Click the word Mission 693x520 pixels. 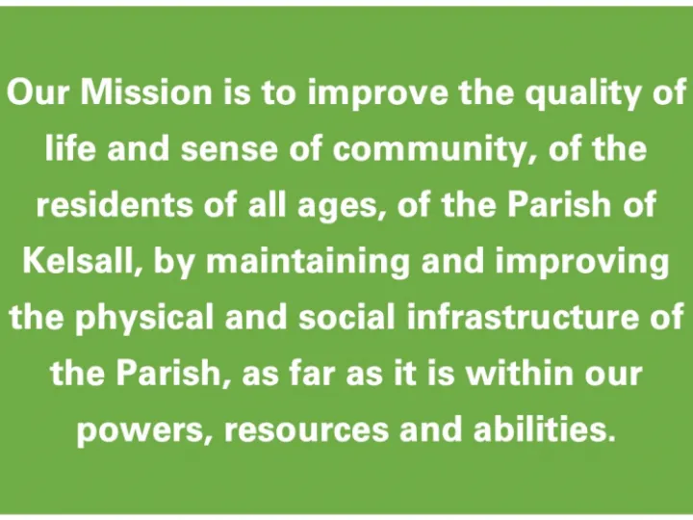pos(133,92)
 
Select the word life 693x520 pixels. pos(67,148)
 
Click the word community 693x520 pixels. pos(411,150)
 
